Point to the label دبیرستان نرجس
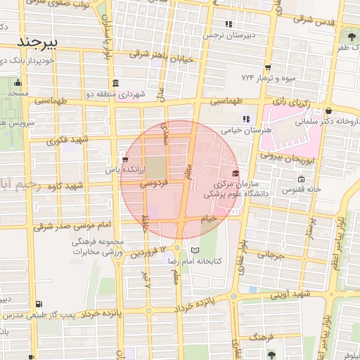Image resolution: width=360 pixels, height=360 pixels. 229,34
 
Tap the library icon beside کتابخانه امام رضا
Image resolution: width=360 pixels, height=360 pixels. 195,250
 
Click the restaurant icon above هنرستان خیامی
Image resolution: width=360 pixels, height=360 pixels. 245,118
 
